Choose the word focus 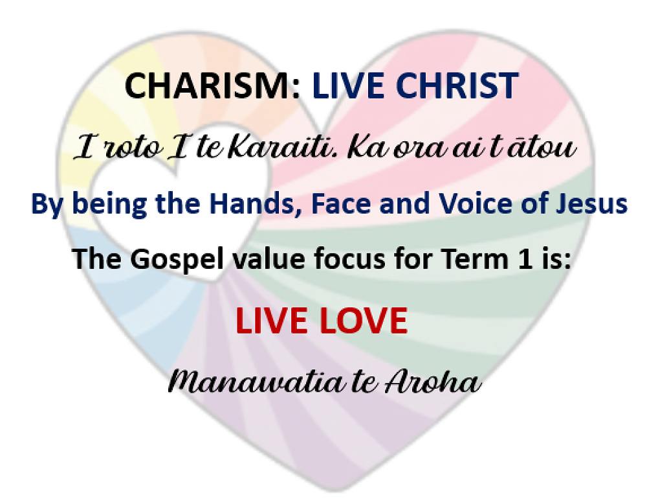pyautogui.click(x=322, y=259)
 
